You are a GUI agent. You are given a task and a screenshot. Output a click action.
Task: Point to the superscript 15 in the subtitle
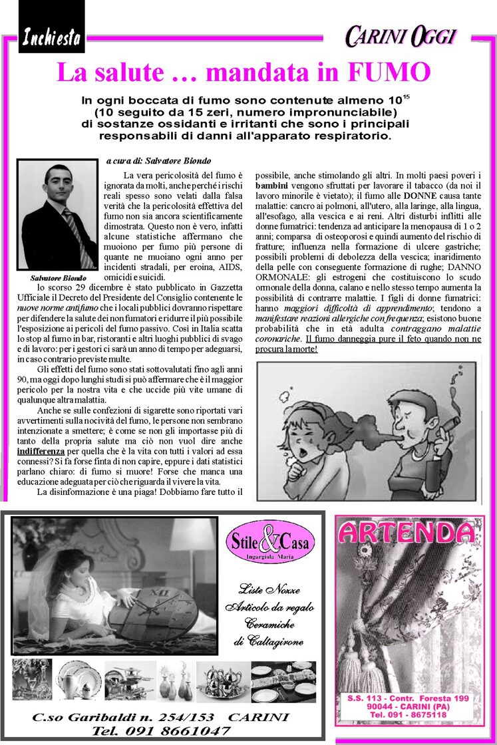(x=407, y=97)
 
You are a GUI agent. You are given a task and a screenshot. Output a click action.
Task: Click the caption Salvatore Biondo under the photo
(x=58, y=277)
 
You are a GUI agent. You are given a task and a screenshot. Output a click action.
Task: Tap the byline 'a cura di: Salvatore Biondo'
(x=158, y=161)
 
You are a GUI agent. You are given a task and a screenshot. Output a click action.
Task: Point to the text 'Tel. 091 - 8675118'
(x=408, y=715)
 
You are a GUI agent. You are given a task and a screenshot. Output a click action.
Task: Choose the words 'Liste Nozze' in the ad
(x=269, y=590)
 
